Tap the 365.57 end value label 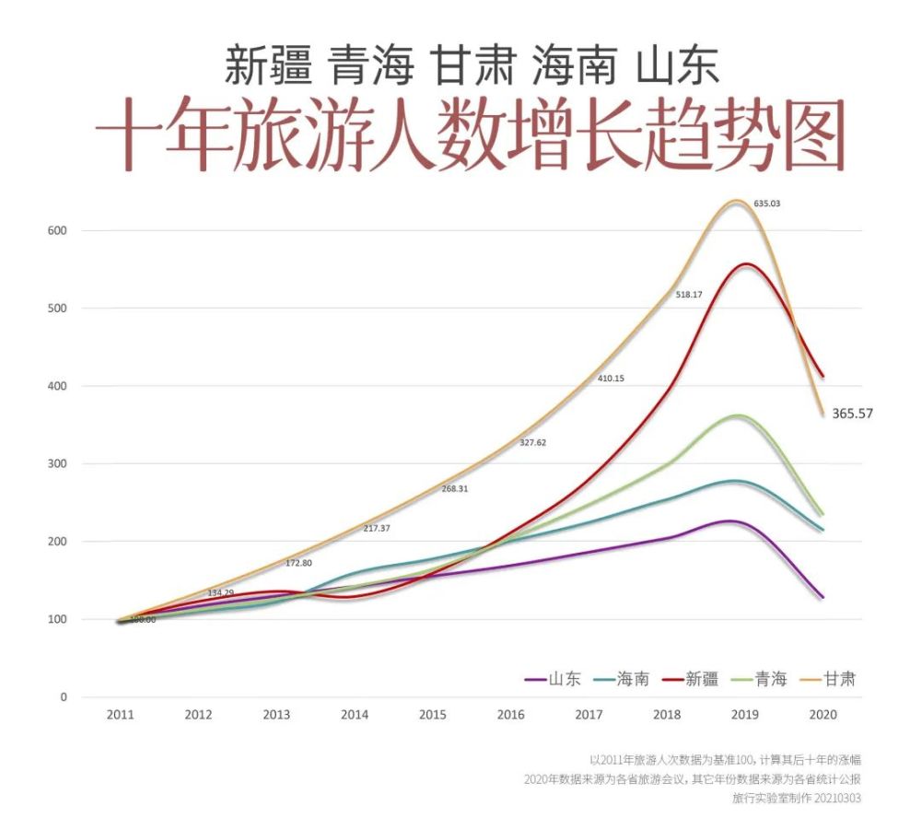click(852, 414)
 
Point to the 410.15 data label click(611, 379)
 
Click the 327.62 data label click(532, 442)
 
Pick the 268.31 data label click(454, 488)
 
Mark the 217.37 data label click(377, 528)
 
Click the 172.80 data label click(298, 562)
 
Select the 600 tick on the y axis click(57, 230)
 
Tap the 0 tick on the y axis click(64, 697)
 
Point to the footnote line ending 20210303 click(797, 799)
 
